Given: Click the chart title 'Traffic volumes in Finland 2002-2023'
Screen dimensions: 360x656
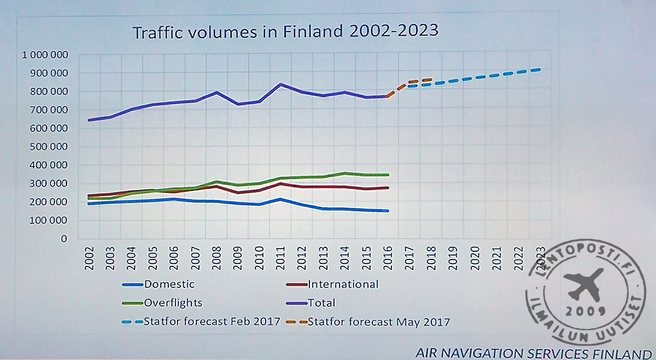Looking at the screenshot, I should [286, 31].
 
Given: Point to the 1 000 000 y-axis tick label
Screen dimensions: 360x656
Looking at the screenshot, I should [45, 55].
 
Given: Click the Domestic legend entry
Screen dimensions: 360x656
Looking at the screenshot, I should [169, 284].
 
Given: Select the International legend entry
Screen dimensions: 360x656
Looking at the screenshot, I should [343, 284].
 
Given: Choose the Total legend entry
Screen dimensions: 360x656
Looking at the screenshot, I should [321, 303].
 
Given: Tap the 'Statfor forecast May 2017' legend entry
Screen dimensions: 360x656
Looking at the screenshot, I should [379, 321].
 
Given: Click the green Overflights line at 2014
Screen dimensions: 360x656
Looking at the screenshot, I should [344, 173].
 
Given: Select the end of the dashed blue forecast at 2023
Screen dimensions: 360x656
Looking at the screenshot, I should [540, 69].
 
